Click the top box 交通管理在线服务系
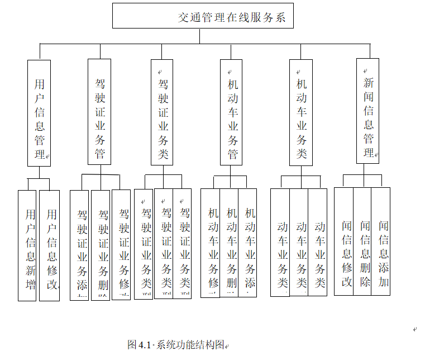pyautogui.click(x=203, y=16)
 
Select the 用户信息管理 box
pyautogui.click(x=39, y=113)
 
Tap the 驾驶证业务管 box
pyautogui.click(x=100, y=112)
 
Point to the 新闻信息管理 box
pyautogui.click(x=368, y=111)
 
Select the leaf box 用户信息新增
pyautogui.click(x=27, y=245)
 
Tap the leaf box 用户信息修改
pyautogui.click(x=50, y=245)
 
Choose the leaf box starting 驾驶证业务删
pyautogui.click(x=101, y=245)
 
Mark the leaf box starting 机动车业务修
pyautogui.click(x=211, y=243)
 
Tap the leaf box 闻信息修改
pyautogui.click(x=345, y=241)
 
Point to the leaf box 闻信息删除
pyautogui.click(x=363, y=241)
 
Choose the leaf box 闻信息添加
pyautogui.click(x=381, y=241)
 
